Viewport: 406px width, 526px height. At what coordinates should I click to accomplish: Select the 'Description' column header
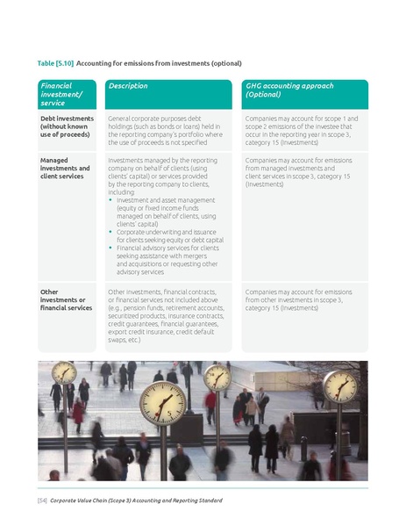[x=128, y=86]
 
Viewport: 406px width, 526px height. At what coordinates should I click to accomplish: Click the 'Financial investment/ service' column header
[x=61, y=94]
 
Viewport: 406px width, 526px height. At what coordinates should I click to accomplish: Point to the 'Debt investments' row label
[x=68, y=117]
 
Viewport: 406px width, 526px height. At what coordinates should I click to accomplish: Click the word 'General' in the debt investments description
[x=121, y=117]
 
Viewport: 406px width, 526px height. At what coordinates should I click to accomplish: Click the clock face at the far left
[x=64, y=373]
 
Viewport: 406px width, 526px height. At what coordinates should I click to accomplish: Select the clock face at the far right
[x=338, y=385]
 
